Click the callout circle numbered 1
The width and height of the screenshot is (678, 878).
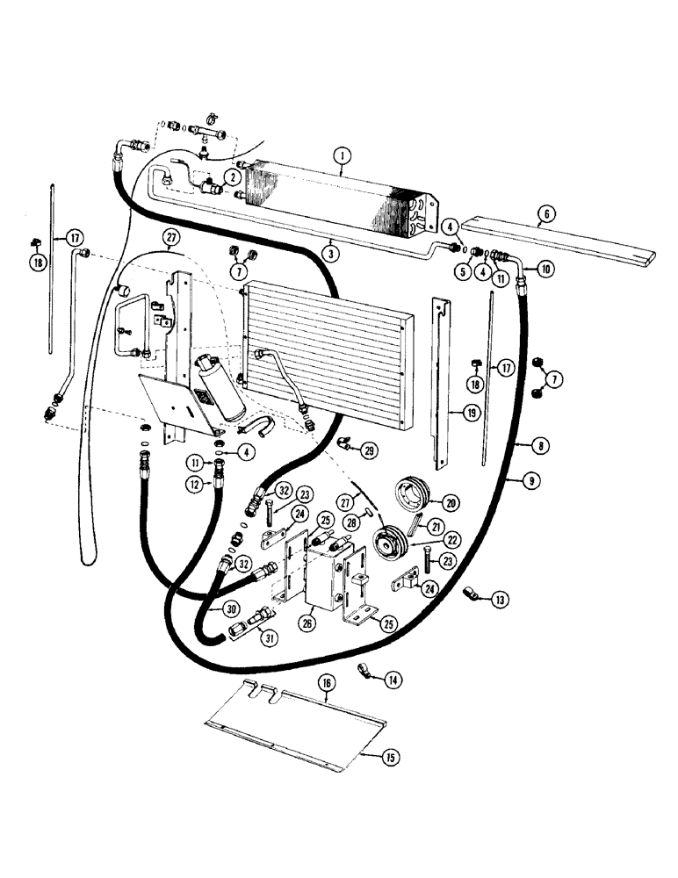click(x=343, y=157)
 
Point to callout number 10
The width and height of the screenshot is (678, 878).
click(x=545, y=270)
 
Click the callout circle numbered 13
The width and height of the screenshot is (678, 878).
click(x=500, y=600)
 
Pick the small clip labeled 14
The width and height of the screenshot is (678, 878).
click(x=363, y=673)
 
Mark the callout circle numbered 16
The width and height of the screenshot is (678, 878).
click(x=326, y=704)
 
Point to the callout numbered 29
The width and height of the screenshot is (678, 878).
click(x=369, y=450)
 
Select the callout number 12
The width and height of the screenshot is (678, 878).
click(x=219, y=482)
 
